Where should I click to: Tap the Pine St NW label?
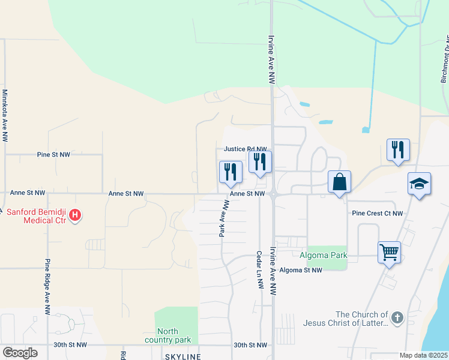pos(53,155)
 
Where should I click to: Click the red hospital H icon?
pos(75,214)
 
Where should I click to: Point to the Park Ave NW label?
pos(224,217)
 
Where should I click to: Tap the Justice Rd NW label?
pos(244,149)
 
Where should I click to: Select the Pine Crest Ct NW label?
pos(378,213)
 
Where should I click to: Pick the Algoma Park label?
pos(327,256)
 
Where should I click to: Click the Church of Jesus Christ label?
pos(361,319)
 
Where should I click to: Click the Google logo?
pos(20,353)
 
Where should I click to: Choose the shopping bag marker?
pos(339,181)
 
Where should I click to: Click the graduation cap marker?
pos(419,184)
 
